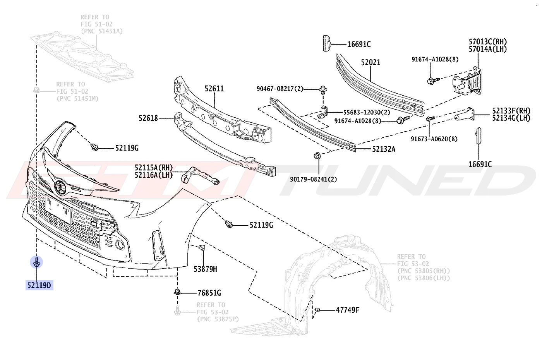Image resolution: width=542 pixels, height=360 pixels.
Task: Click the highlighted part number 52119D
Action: pyautogui.click(x=39, y=286)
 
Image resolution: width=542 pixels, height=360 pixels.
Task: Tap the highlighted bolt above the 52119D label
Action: pyautogui.click(x=36, y=262)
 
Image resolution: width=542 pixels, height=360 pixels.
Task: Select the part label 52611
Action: pyautogui.click(x=214, y=89)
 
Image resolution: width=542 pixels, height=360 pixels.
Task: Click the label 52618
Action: pyautogui.click(x=148, y=118)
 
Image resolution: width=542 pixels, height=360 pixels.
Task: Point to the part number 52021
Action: pyautogui.click(x=371, y=62)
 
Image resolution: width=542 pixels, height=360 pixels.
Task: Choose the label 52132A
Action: pyautogui.click(x=384, y=149)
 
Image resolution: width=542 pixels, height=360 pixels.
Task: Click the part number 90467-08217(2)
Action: pyautogui.click(x=280, y=89)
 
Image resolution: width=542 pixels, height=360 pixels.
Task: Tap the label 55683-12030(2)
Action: pyautogui.click(x=367, y=113)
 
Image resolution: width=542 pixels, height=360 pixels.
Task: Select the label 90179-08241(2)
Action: pyautogui.click(x=313, y=179)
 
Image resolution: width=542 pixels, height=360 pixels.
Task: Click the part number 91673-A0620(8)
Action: pyautogui.click(x=434, y=139)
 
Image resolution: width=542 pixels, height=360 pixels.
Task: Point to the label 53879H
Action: pyautogui.click(x=205, y=269)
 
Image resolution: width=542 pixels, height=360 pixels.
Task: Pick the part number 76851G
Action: pyautogui.click(x=209, y=293)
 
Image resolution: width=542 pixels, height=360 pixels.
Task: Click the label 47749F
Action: pyautogui.click(x=348, y=310)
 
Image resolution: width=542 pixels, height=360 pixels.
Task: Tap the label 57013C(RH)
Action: pyautogui.click(x=488, y=42)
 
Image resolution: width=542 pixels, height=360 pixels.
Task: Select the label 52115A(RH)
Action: pyautogui.click(x=154, y=168)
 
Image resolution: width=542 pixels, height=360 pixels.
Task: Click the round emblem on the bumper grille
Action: pyautogui.click(x=60, y=187)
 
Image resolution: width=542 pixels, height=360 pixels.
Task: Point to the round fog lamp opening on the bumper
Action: pyautogui.click(x=120, y=245)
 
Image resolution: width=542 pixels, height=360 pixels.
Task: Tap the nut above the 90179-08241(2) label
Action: pyautogui.click(x=317, y=156)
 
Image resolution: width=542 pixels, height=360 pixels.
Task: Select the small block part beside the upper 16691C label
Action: pyautogui.click(x=327, y=43)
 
